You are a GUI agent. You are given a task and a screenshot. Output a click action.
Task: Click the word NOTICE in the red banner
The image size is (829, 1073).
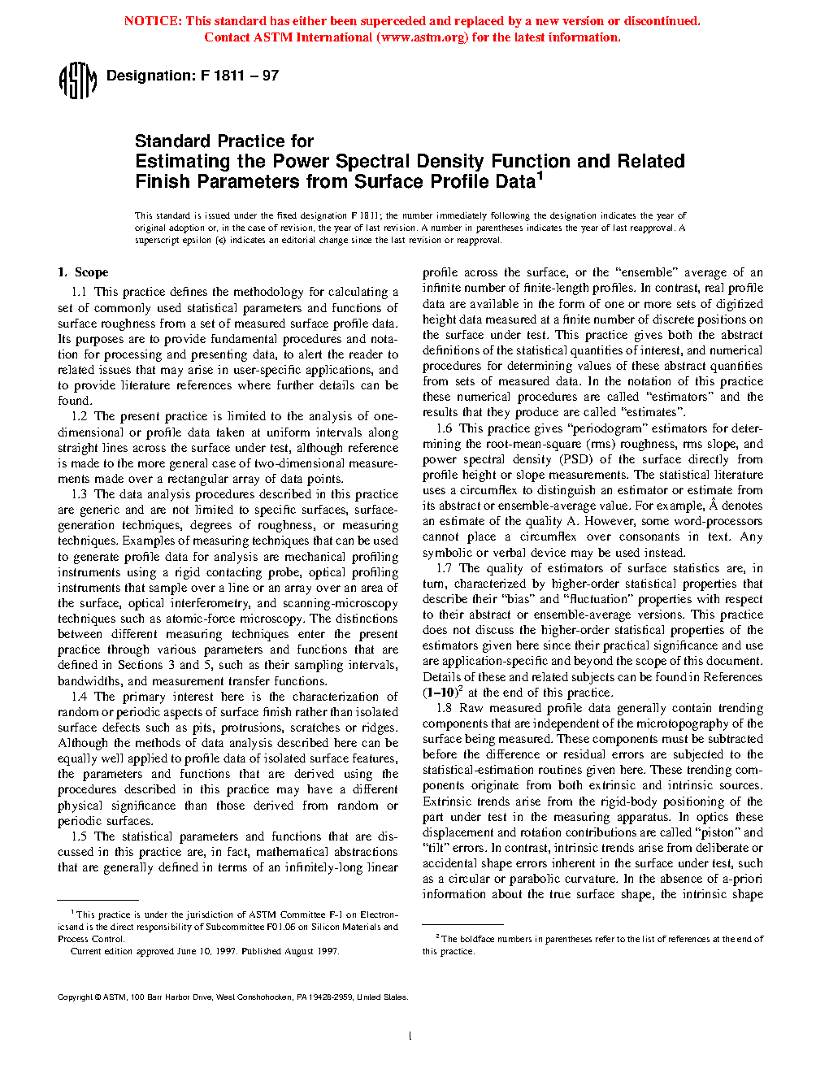coord(152,21)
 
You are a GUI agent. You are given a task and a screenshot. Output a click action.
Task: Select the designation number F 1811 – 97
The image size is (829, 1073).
coord(240,76)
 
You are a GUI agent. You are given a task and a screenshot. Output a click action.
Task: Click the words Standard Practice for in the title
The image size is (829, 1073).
coord(224,141)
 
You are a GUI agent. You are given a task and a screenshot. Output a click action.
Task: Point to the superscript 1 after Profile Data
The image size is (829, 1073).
coord(540,176)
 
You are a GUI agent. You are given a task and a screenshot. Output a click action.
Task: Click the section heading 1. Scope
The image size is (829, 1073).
coord(83,272)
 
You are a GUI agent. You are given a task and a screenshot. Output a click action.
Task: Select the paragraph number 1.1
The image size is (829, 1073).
coord(79,292)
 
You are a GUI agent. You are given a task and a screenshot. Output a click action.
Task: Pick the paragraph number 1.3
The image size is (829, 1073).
coord(79,494)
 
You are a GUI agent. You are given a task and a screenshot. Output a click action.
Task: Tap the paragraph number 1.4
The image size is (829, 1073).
coord(79,697)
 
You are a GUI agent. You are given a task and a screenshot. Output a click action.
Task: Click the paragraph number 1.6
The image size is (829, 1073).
coord(444,428)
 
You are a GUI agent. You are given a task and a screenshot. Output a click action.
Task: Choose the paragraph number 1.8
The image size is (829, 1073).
coord(444,708)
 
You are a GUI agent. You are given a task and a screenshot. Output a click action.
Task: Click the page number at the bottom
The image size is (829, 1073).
coord(410,1036)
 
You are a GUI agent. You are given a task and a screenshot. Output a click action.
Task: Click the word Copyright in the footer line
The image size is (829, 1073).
coord(75,997)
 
